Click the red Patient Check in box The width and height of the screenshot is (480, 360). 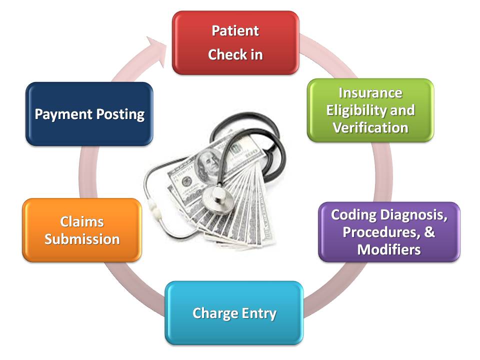[x=235, y=42]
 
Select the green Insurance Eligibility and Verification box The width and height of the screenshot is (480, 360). [x=370, y=110]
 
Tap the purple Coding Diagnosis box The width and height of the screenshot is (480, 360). [x=389, y=231]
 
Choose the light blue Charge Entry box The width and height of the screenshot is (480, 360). [x=234, y=313]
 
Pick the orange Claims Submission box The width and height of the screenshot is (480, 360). [x=82, y=230]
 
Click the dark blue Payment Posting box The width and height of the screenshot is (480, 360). [x=89, y=114]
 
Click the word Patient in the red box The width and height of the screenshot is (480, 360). [x=235, y=30]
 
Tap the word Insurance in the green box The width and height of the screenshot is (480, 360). [x=370, y=93]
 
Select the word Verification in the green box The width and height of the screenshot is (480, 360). [x=370, y=127]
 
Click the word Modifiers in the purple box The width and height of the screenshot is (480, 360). [x=389, y=249]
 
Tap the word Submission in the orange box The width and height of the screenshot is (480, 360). [x=82, y=239]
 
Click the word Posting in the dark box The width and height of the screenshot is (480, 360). [x=120, y=114]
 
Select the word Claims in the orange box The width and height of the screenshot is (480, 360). [x=82, y=221]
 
